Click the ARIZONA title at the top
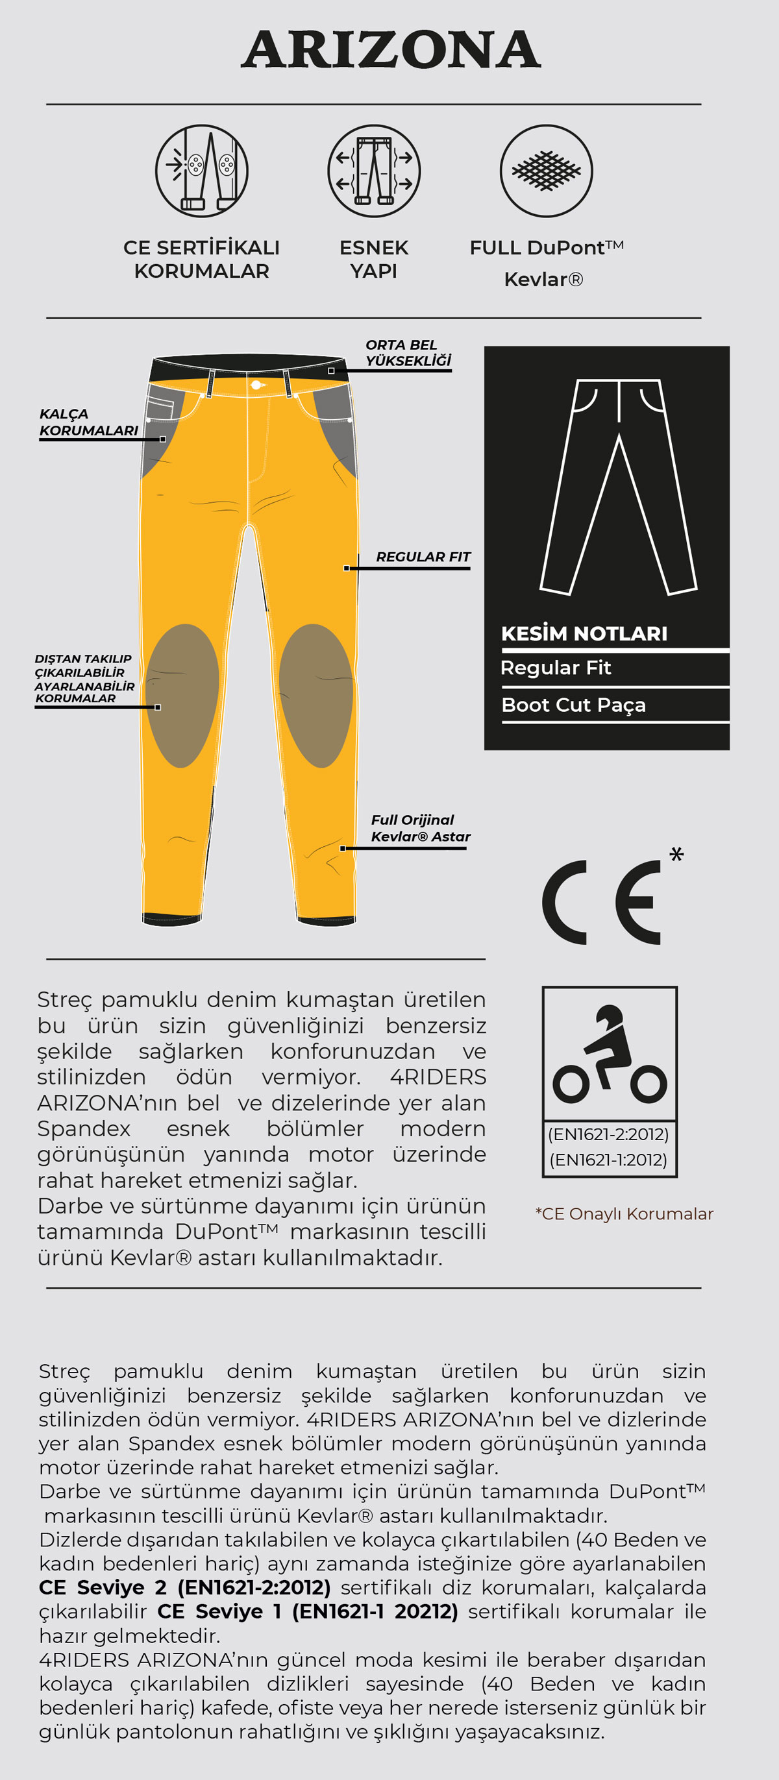(x=391, y=50)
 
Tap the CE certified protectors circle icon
(x=201, y=171)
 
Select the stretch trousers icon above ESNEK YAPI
(x=374, y=171)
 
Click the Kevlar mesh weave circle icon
(x=546, y=171)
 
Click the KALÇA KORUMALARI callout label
(x=88, y=422)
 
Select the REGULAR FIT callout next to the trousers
(x=423, y=557)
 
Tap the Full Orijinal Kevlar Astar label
(x=420, y=828)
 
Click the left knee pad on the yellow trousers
(x=182, y=695)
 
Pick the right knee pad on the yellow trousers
(x=316, y=695)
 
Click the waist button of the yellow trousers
(x=256, y=385)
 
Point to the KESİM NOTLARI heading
(x=584, y=633)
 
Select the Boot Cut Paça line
(x=574, y=705)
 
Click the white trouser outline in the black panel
(x=618, y=487)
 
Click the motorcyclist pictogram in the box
(x=610, y=1055)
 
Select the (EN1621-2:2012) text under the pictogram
(x=608, y=1134)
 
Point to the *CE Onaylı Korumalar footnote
(x=624, y=1214)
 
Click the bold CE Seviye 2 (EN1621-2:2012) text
(x=184, y=1587)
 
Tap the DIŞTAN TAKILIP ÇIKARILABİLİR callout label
(x=84, y=679)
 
